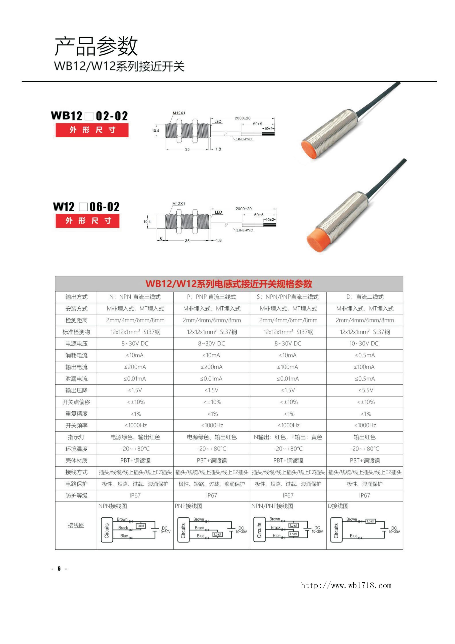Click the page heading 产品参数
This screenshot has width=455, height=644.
click(96, 46)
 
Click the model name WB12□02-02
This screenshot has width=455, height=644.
click(89, 115)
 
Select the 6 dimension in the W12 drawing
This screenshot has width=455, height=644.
click(161, 238)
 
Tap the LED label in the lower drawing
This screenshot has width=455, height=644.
click(218, 212)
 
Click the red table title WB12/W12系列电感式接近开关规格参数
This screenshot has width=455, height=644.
click(229, 284)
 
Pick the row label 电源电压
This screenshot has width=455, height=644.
click(76, 344)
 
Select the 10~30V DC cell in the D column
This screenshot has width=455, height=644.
click(364, 344)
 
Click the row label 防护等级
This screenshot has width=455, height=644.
click(76, 496)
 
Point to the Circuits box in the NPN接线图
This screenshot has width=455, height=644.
click(107, 530)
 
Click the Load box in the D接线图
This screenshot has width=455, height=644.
click(370, 521)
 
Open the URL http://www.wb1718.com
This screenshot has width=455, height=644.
click(346, 585)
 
